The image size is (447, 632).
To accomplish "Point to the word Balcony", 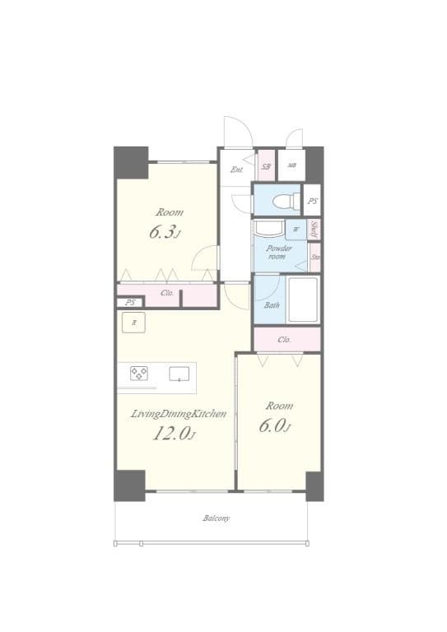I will [x=217, y=518].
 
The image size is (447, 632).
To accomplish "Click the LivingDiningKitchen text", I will [x=179, y=414].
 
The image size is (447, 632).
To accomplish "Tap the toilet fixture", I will [x=280, y=199].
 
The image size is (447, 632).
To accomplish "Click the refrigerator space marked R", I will [x=135, y=323].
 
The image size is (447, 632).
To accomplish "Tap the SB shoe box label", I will [x=266, y=166].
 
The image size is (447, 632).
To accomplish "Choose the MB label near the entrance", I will [x=291, y=166].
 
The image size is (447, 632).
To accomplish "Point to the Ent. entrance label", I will [x=237, y=170].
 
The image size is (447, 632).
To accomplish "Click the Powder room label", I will [x=278, y=252].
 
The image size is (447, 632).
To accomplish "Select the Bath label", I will [x=271, y=305].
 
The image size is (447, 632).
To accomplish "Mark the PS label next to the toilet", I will [x=312, y=201].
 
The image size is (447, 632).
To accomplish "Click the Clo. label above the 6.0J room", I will [x=286, y=339].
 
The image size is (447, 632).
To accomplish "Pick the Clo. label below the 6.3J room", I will [x=167, y=293].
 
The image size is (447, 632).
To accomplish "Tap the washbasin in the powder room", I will [x=269, y=228].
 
